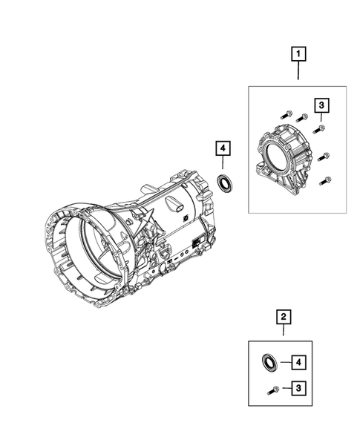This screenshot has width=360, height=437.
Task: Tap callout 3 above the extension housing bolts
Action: click(x=321, y=105)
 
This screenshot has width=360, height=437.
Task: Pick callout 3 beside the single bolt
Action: click(x=298, y=387)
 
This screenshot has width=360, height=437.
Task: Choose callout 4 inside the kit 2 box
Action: click(x=298, y=363)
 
